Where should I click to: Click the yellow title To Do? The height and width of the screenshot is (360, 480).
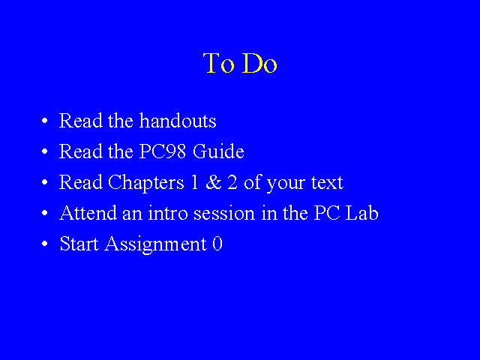(240, 63)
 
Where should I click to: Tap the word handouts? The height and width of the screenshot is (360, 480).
(178, 120)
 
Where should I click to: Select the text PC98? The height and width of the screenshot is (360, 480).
(163, 151)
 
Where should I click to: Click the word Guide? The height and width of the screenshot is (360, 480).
(218, 151)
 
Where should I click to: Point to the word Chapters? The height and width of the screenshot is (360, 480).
(146, 183)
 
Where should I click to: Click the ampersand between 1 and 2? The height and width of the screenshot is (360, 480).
(214, 182)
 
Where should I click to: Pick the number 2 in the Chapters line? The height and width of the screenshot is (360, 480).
(232, 182)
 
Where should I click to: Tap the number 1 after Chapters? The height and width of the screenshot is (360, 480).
(194, 182)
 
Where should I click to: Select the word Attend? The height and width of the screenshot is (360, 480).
(88, 212)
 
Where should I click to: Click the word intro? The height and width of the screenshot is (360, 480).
(168, 213)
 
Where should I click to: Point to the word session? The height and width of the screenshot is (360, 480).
(224, 214)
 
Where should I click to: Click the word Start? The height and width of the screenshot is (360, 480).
(79, 244)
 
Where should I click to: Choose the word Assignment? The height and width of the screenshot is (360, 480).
(156, 244)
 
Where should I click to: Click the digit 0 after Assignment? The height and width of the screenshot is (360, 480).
(217, 244)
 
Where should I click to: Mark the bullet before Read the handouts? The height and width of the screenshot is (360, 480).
(45, 120)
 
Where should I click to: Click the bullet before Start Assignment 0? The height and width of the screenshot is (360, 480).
(45, 244)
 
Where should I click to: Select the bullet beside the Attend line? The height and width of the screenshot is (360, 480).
(45, 213)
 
